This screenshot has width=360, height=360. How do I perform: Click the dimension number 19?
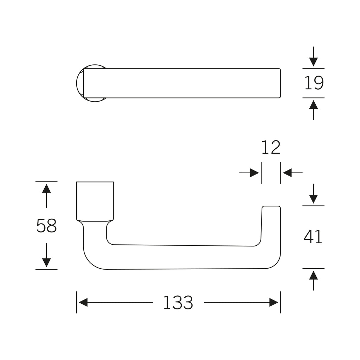click(314, 83)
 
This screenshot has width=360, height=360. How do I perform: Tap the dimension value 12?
click(271, 147)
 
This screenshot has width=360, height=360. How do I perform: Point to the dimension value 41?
click(313, 237)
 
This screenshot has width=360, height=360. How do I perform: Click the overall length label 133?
click(178, 302)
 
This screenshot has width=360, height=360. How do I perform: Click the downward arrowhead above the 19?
click(313, 62)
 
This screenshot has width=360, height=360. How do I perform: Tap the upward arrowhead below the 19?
click(313, 104)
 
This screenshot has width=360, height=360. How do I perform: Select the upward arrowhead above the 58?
click(46, 188)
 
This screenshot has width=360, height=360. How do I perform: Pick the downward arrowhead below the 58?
click(46, 263)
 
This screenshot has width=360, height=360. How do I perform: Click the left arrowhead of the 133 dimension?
click(83, 302)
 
